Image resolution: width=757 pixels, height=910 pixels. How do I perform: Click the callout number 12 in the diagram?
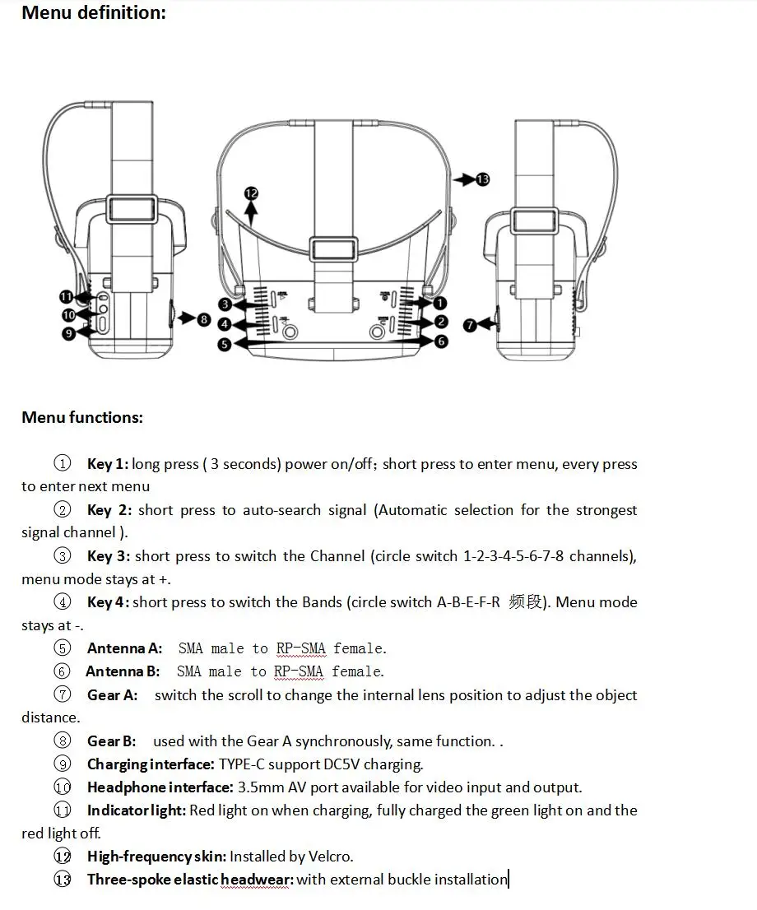tap(251, 193)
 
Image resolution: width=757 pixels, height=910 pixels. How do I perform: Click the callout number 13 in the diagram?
tap(482, 179)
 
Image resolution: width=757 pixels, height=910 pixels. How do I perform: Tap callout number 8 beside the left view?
tap(204, 319)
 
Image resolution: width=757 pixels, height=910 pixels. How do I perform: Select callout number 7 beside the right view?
tap(469, 325)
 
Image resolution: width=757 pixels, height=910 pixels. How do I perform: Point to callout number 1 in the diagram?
tap(441, 304)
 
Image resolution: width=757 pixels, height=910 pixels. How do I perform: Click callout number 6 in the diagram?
tap(441, 341)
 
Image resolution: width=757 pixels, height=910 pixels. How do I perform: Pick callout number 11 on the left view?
tap(67, 297)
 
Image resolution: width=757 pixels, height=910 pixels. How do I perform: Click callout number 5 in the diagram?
tap(225, 345)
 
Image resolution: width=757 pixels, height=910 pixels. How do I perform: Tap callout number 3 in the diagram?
tap(225, 304)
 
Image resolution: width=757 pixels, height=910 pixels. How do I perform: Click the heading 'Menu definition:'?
tap(93, 12)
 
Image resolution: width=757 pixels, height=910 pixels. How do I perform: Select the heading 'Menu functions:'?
tap(82, 417)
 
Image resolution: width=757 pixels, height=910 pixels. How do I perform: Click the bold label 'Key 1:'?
tap(108, 464)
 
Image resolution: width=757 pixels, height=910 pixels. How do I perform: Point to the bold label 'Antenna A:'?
tap(124, 648)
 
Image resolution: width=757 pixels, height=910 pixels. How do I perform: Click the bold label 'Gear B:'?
tap(111, 741)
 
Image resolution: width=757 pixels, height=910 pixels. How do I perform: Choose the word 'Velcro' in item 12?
tap(330, 856)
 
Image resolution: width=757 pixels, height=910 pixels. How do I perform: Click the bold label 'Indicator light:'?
tap(137, 810)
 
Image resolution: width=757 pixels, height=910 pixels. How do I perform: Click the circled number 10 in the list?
tap(63, 787)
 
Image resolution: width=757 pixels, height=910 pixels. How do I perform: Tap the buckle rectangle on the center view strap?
tap(334, 249)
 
